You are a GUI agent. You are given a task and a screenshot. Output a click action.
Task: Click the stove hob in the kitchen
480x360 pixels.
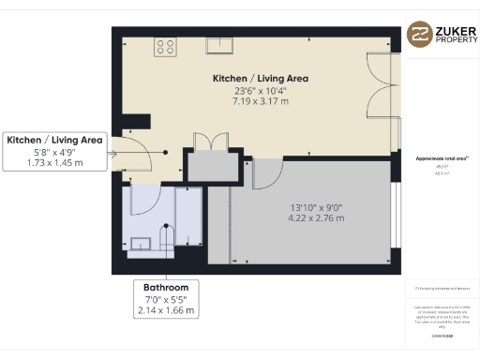167,45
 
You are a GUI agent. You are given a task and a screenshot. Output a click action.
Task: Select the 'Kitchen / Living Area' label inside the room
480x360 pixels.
260,79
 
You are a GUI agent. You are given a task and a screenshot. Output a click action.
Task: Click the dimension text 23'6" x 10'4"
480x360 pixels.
260,91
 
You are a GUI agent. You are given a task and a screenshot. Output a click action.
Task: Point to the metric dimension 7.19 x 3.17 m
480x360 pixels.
260,101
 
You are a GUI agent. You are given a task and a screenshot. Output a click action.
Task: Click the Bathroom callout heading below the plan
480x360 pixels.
166,287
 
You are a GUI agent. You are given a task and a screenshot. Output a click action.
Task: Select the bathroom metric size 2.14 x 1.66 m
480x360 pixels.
166,310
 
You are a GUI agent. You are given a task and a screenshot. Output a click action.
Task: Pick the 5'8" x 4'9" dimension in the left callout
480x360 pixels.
54,152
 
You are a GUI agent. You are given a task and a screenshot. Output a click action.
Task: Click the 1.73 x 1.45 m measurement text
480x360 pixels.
54,163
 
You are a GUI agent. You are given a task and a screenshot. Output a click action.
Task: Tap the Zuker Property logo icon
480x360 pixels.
418,36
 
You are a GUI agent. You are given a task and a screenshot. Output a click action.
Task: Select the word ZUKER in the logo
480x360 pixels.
453,30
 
